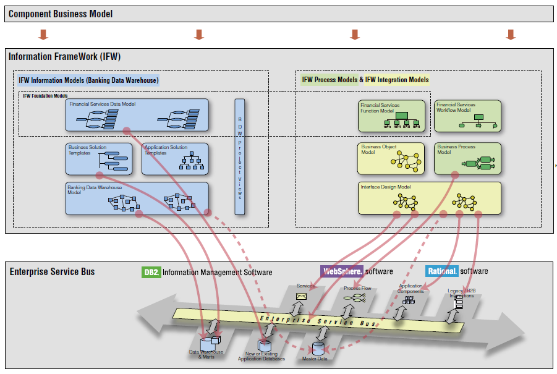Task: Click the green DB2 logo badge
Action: [151, 272]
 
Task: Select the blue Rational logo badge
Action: [442, 271]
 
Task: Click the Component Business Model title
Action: [61, 14]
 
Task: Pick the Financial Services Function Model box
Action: [392, 116]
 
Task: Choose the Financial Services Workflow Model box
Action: [467, 116]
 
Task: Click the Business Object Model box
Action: [391, 159]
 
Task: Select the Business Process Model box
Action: [467, 159]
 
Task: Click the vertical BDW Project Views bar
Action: [240, 156]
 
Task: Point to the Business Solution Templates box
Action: [99, 159]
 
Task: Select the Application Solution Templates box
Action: [175, 159]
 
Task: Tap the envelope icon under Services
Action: [302, 297]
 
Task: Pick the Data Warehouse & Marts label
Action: [207, 354]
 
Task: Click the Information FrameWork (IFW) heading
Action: [64, 57]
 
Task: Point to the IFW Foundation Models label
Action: [45, 96]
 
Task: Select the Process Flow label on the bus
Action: [357, 288]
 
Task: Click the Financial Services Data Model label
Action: [103, 104]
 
